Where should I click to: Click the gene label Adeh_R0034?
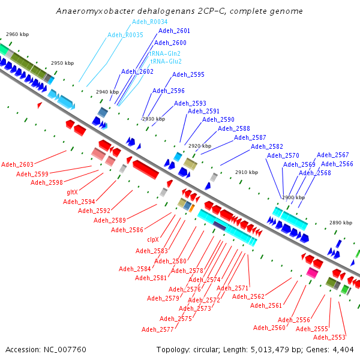pos(150,22)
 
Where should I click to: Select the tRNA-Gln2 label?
pos(166,53)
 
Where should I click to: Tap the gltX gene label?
pos(73,192)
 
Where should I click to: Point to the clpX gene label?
pos(154,239)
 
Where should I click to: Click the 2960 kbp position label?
pos(17,34)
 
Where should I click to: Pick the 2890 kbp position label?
pos(341,223)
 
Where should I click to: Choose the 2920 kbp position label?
pos(200,146)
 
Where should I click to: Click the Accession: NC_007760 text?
pos(46,349)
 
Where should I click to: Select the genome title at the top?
pos(179,11)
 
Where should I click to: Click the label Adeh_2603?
pos(17,164)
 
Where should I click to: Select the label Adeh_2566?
pos(337,164)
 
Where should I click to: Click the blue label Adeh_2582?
pos(267,146)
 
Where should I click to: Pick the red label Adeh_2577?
pos(158,329)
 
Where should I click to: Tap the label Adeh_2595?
pos(188,74)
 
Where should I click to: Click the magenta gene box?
pos(312,272)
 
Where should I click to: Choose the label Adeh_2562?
pos(248,296)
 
